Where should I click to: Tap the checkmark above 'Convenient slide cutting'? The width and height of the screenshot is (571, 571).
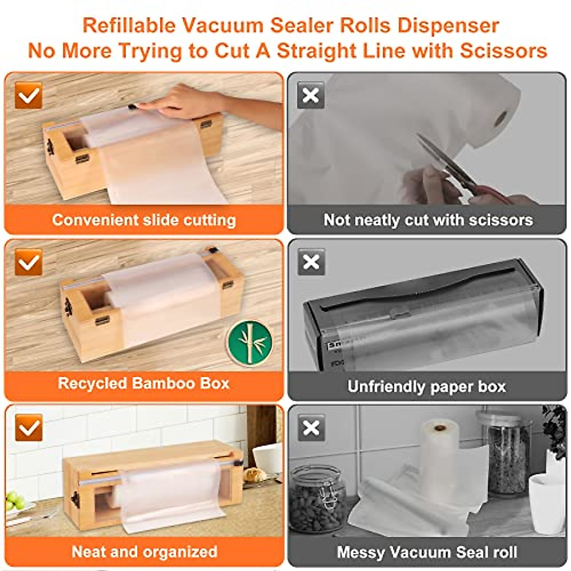pyautogui.click(x=29, y=95)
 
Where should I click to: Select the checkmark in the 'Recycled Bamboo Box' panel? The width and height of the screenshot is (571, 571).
pyautogui.click(x=29, y=262)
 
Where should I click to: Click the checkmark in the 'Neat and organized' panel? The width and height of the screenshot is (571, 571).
pyautogui.click(x=29, y=427)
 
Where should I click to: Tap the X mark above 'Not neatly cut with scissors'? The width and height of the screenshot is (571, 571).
pyautogui.click(x=311, y=95)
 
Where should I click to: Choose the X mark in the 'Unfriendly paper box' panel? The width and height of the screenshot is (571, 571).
pyautogui.click(x=311, y=262)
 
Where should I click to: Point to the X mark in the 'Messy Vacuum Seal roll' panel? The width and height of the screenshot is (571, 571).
pyautogui.click(x=311, y=427)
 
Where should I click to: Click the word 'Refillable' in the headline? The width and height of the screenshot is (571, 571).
pyautogui.click(x=125, y=25)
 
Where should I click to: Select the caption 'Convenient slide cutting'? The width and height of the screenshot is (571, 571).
pyautogui.click(x=144, y=220)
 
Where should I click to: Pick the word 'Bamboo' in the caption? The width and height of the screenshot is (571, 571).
pyautogui.click(x=166, y=384)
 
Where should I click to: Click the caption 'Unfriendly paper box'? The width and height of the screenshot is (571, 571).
pyautogui.click(x=426, y=386)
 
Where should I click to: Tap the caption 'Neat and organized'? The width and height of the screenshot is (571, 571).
pyautogui.click(x=144, y=551)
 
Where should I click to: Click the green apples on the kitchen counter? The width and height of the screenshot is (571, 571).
pyautogui.click(x=15, y=501)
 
